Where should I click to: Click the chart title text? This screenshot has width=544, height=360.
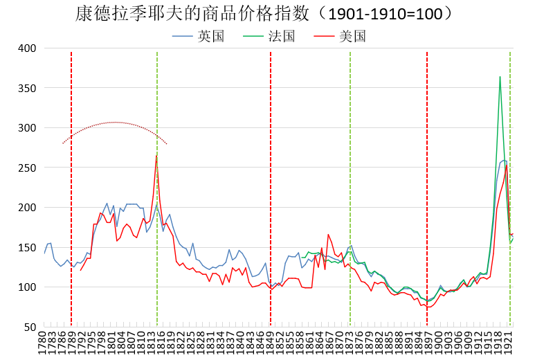tap(264, 13)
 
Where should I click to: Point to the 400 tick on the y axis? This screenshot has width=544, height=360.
tap(26, 48)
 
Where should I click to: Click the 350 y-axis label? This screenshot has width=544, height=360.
tap(26, 89)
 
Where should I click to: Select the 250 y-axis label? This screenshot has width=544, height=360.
tap(26, 168)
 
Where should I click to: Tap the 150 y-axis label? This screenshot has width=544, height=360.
tap(26, 248)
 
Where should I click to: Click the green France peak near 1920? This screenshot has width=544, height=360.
tap(500, 77)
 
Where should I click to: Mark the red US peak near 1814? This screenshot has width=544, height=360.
tap(156, 156)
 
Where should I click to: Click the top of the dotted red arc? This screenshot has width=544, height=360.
tap(114, 123)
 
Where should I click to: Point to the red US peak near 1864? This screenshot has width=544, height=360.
tap(328, 234)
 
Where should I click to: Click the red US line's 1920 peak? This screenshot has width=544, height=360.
tap(507, 165)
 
